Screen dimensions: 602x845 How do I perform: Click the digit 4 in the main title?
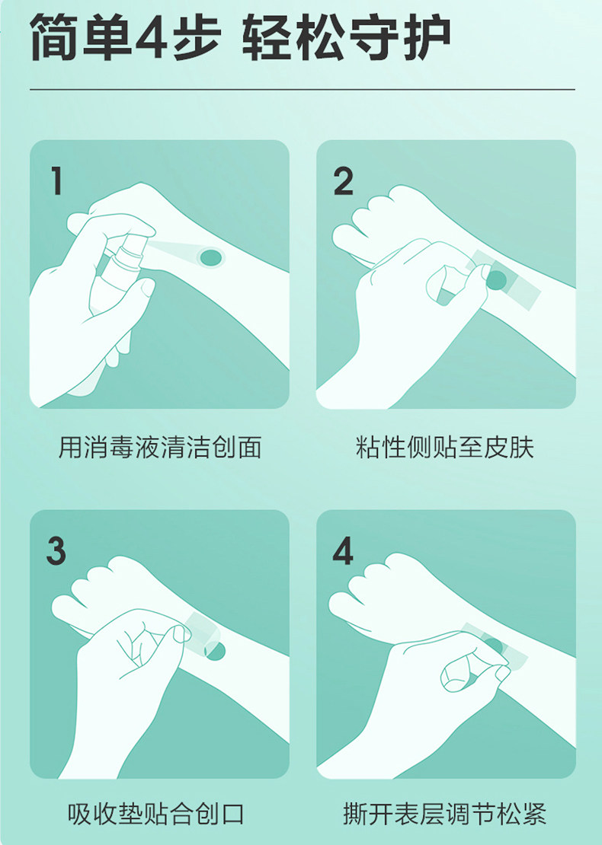(x=151, y=39)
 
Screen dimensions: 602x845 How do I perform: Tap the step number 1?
(x=56, y=180)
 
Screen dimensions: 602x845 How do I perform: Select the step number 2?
(x=343, y=181)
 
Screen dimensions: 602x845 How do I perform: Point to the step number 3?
(x=56, y=550)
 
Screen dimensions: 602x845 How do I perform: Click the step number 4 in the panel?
(x=343, y=550)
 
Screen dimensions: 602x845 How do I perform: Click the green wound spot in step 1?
(x=211, y=257)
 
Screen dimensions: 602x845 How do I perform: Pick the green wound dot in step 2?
(x=497, y=279)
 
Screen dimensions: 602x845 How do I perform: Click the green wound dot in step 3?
(x=216, y=651)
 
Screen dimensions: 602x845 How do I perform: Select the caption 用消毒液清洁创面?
(x=160, y=448)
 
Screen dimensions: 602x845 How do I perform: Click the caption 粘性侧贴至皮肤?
(x=445, y=448)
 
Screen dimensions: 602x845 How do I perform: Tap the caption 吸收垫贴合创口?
(x=156, y=814)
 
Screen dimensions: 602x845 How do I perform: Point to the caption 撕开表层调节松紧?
(x=445, y=814)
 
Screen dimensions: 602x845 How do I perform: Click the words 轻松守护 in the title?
(x=345, y=39)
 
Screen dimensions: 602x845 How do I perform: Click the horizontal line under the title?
(x=302, y=90)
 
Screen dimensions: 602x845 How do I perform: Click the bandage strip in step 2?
(x=504, y=279)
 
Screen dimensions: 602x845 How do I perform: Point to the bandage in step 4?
(x=496, y=646)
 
